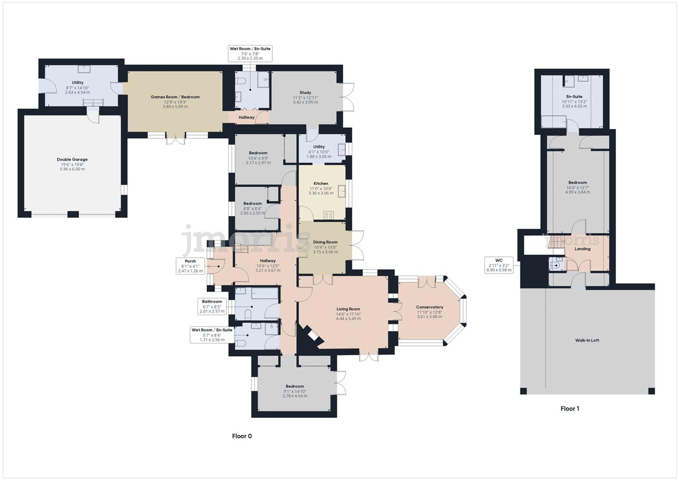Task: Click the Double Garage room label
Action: (72, 159)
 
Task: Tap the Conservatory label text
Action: (429, 307)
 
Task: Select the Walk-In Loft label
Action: (587, 340)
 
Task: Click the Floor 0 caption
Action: (242, 436)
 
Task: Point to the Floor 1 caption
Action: (570, 409)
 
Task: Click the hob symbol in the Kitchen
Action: (329, 215)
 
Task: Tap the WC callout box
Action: (498, 265)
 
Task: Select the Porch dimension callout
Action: (190, 266)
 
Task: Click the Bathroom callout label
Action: (212, 306)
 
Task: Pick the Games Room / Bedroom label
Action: (175, 97)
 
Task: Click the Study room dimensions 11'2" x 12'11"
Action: (305, 97)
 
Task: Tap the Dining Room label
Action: (325, 242)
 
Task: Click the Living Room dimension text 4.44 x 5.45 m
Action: (348, 319)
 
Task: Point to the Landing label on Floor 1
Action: (582, 249)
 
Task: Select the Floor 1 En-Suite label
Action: (574, 96)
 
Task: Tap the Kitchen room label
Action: (320, 184)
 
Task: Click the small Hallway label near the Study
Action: (246, 117)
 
